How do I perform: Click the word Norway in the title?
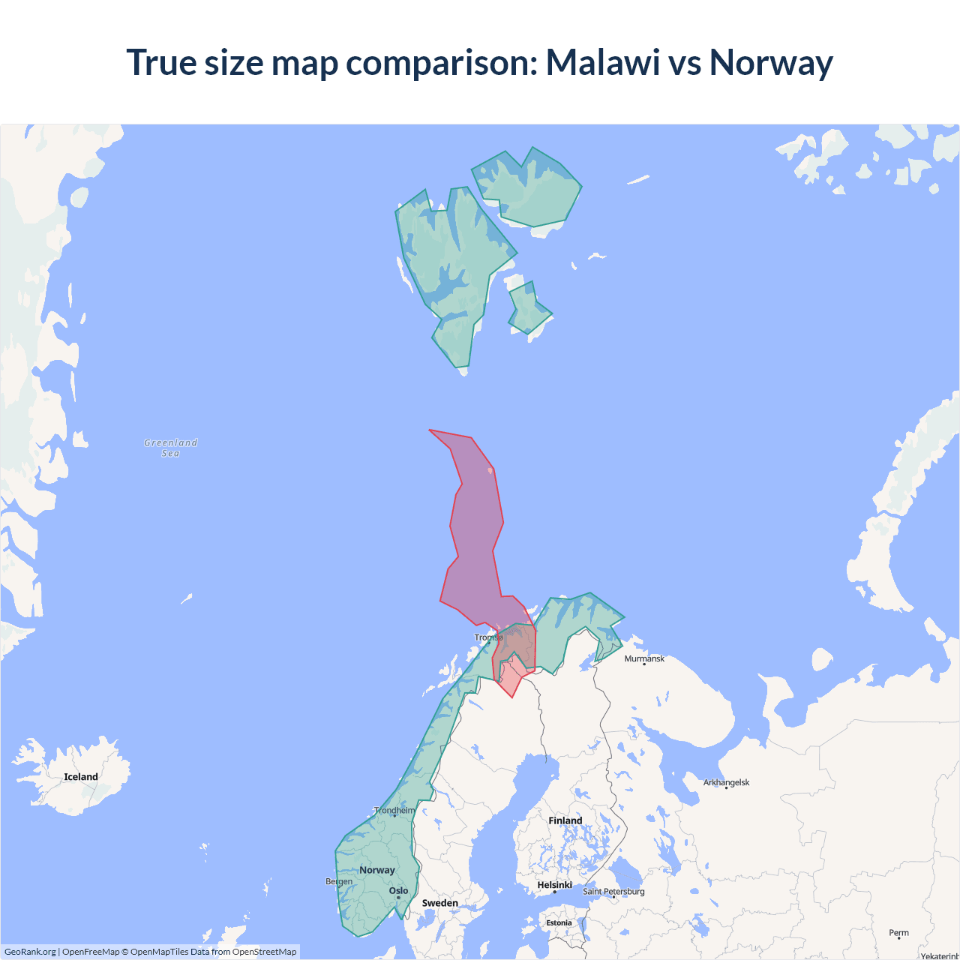pyautogui.click(x=771, y=62)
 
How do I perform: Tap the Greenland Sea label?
pyautogui.click(x=171, y=448)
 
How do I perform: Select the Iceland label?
pyautogui.click(x=81, y=777)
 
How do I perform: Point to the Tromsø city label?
pyautogui.click(x=488, y=637)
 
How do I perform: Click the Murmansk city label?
pyautogui.click(x=644, y=658)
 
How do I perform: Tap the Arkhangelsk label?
pyautogui.click(x=726, y=782)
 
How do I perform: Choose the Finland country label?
pyautogui.click(x=565, y=820)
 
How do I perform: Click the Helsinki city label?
pyautogui.click(x=554, y=885)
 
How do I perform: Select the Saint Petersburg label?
pyautogui.click(x=613, y=891)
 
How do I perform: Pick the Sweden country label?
pyautogui.click(x=439, y=903)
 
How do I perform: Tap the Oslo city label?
pyautogui.click(x=398, y=891)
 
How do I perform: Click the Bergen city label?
pyautogui.click(x=339, y=881)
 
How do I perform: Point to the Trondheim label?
pyautogui.click(x=394, y=811)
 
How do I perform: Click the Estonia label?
pyautogui.click(x=559, y=922)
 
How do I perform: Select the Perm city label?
pyautogui.click(x=898, y=933)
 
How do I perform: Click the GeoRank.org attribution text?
pyautogui.click(x=30, y=952)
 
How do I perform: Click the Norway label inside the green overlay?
pyautogui.click(x=376, y=870)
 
